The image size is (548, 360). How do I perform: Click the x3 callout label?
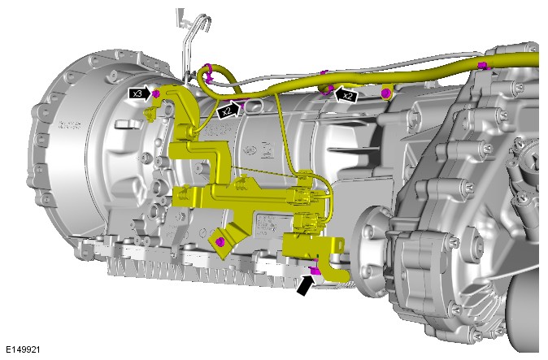coord(137,93)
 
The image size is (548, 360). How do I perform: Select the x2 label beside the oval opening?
coord(227,111)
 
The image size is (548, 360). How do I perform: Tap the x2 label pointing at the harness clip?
coord(348,96)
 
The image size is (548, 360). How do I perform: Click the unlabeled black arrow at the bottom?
coord(305,284)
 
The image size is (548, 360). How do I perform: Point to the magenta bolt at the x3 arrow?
coord(156,93)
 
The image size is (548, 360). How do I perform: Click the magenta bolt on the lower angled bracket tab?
coord(220,241)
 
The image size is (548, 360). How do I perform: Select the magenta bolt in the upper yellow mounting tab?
coord(385,93)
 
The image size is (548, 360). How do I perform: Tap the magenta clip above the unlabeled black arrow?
coord(315,271)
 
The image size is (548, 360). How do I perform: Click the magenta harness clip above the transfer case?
coord(483,65)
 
